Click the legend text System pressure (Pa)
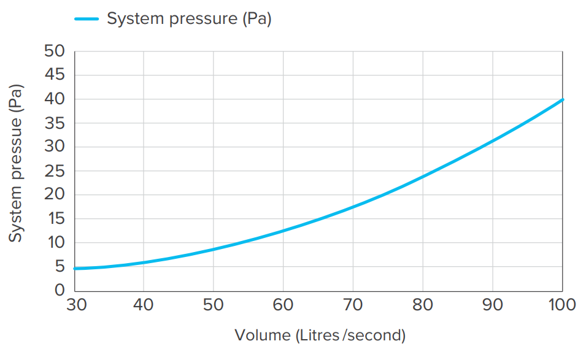189,19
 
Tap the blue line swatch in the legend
87,19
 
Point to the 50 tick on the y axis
55,51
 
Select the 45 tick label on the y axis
55,75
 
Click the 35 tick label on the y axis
55,123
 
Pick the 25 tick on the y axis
55,170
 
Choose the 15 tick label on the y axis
55,218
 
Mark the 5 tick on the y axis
60,266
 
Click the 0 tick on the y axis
60,290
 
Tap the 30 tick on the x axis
74,304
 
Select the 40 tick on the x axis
144,304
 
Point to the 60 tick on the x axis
283,304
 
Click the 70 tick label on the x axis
353,304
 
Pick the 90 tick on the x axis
493,304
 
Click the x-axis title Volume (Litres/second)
320,335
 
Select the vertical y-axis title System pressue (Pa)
16,164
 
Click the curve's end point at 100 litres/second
562,99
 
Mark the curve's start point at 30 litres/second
74,269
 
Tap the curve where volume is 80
423,177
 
